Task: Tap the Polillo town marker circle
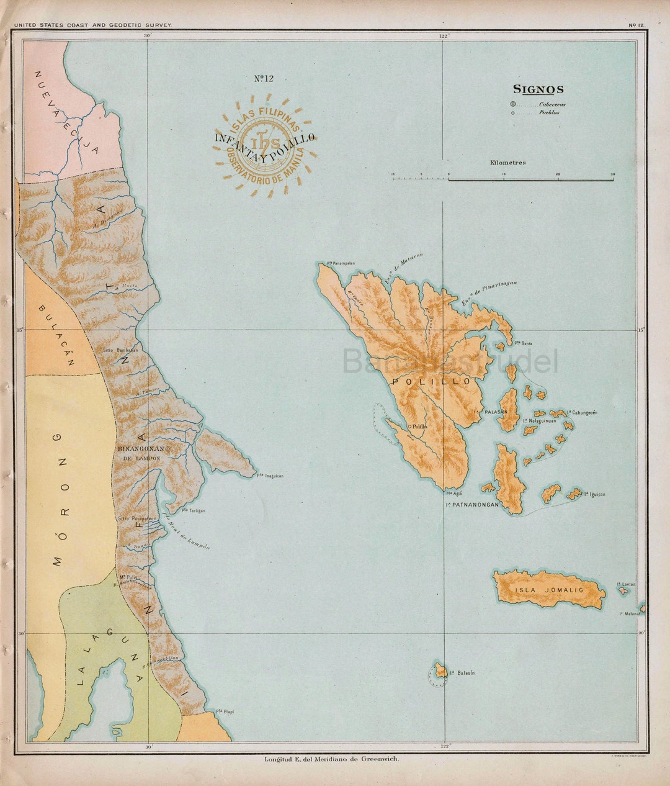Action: pyautogui.click(x=410, y=426)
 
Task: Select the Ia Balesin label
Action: pyautogui.click(x=462, y=673)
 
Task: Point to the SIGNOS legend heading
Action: pyautogui.click(x=538, y=90)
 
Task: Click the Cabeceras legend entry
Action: pyautogui.click(x=552, y=104)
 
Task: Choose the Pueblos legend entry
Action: pyautogui.click(x=549, y=113)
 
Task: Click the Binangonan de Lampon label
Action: pyautogui.click(x=141, y=453)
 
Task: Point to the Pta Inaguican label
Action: pyautogui.click(x=270, y=476)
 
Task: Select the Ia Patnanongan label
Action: pyautogui.click(x=472, y=505)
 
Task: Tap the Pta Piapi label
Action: pyautogui.click(x=225, y=711)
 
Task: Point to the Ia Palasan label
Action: pyautogui.click(x=490, y=412)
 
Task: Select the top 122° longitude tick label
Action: pyautogui.click(x=444, y=36)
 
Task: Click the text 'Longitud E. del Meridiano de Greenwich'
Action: pyautogui.click(x=332, y=759)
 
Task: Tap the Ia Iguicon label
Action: pyautogui.click(x=594, y=495)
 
